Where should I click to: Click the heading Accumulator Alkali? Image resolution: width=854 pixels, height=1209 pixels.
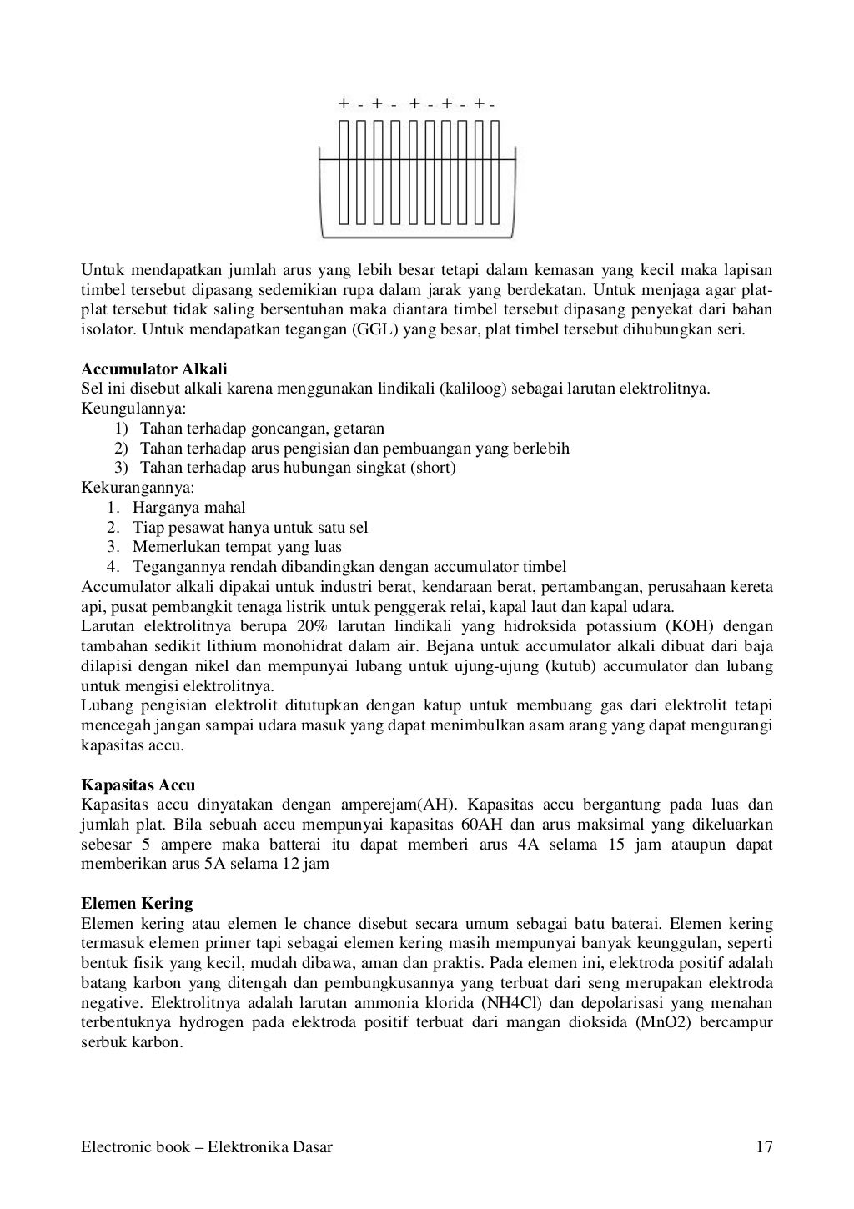[154, 369]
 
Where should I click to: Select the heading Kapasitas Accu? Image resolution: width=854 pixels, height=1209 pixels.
[138, 785]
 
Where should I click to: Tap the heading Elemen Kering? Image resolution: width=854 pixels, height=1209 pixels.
[137, 904]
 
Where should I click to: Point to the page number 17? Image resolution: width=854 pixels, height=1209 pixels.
[764, 1147]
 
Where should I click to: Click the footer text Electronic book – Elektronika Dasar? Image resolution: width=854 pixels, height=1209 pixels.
[207, 1147]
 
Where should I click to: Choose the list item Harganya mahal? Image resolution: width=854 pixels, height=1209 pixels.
[188, 507]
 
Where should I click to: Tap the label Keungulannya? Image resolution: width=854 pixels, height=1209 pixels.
[134, 409]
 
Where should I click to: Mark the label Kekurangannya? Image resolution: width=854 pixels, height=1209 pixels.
[138, 488]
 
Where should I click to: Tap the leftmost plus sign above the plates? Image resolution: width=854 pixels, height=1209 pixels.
[344, 104]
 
